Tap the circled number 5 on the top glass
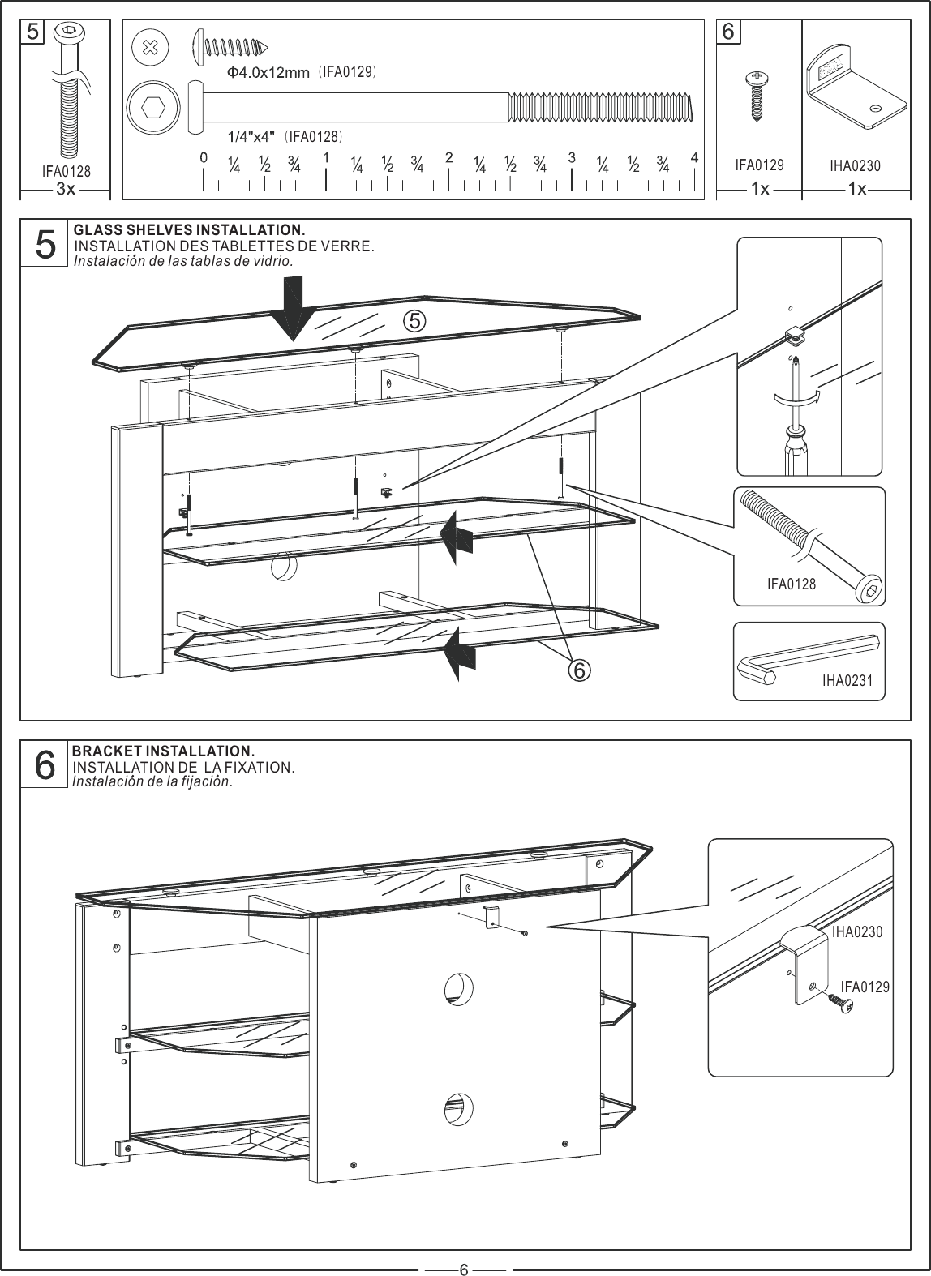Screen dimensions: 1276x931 coord(413,322)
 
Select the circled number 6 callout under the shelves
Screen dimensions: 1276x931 coord(579,670)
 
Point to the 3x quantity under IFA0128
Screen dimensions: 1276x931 coord(66,189)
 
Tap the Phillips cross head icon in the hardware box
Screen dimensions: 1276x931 coord(150,47)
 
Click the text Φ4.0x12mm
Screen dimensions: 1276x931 coord(268,73)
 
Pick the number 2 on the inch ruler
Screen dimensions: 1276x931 coord(448,157)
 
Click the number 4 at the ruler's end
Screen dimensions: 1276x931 coord(694,157)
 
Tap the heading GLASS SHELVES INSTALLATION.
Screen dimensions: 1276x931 coord(189,231)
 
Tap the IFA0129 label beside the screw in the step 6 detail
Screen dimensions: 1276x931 coord(865,987)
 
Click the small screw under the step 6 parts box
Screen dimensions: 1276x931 coord(758,96)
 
